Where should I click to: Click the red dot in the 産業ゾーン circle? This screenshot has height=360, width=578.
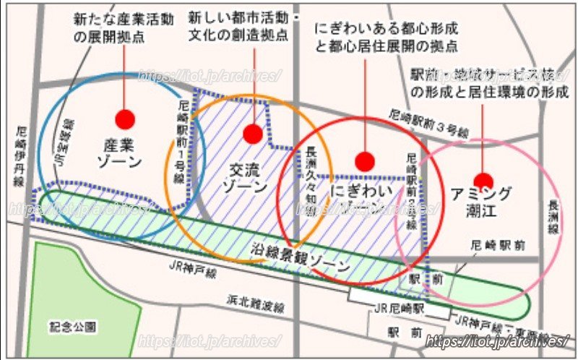coord(125,119)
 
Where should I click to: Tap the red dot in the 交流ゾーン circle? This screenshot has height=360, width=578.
coord(253,133)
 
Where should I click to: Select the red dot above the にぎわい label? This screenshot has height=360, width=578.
coord(365,162)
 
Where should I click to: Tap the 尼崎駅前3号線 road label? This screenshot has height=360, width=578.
coord(428,123)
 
